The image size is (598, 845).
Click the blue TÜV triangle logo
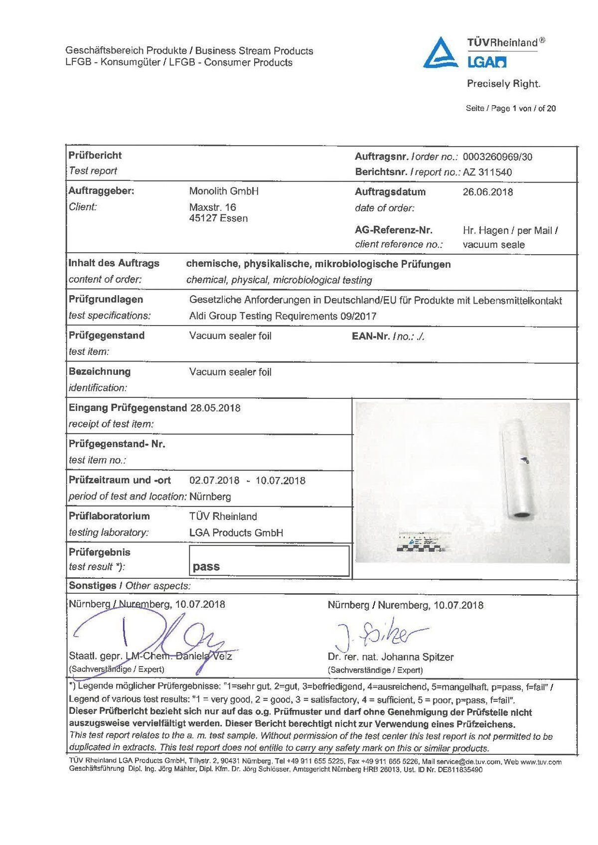pyautogui.click(x=441, y=52)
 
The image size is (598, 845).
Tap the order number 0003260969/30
pyautogui.click(x=497, y=157)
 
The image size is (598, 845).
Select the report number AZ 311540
pyautogui.click(x=487, y=172)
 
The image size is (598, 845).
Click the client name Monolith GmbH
pyautogui.click(x=224, y=191)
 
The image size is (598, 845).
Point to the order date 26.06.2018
pyautogui.click(x=488, y=192)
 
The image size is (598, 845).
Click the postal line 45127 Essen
pyautogui.click(x=218, y=218)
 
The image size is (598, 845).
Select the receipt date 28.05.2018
pyautogui.click(x=215, y=408)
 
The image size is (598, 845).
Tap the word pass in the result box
pyautogui.click(x=206, y=567)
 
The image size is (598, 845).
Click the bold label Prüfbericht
pyautogui.click(x=95, y=156)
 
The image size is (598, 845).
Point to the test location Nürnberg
pyautogui.click(x=210, y=497)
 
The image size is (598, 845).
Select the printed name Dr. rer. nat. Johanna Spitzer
pyautogui.click(x=391, y=657)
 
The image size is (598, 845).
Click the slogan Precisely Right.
pyautogui.click(x=503, y=84)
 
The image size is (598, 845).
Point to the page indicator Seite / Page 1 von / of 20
pyautogui.click(x=511, y=108)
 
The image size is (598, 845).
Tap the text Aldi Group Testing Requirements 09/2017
pyautogui.click(x=283, y=316)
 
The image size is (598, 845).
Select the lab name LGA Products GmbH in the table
pyautogui.click(x=236, y=533)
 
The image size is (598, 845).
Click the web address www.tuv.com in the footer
pyautogui.click(x=542, y=762)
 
